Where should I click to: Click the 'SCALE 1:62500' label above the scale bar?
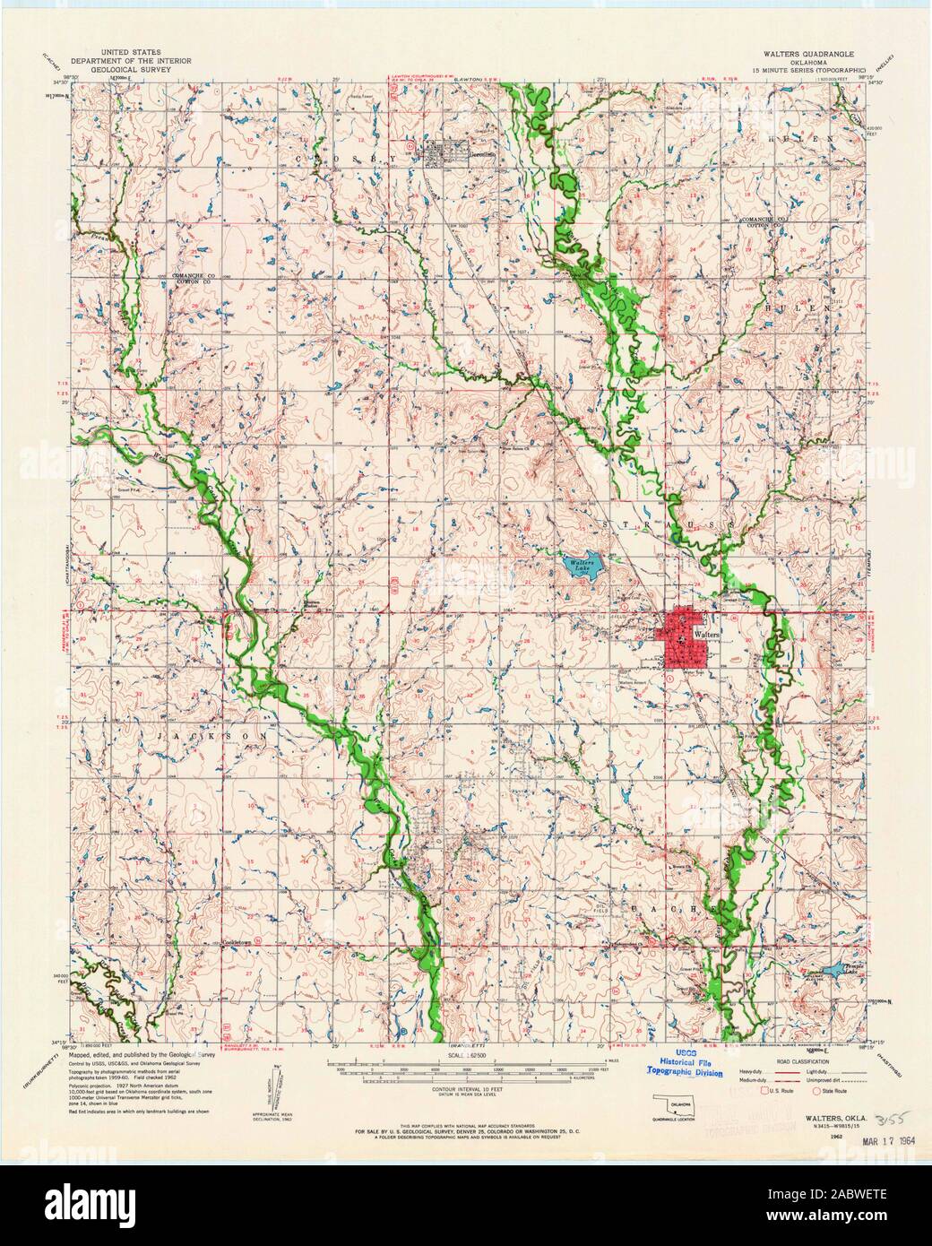tap(466, 1059)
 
